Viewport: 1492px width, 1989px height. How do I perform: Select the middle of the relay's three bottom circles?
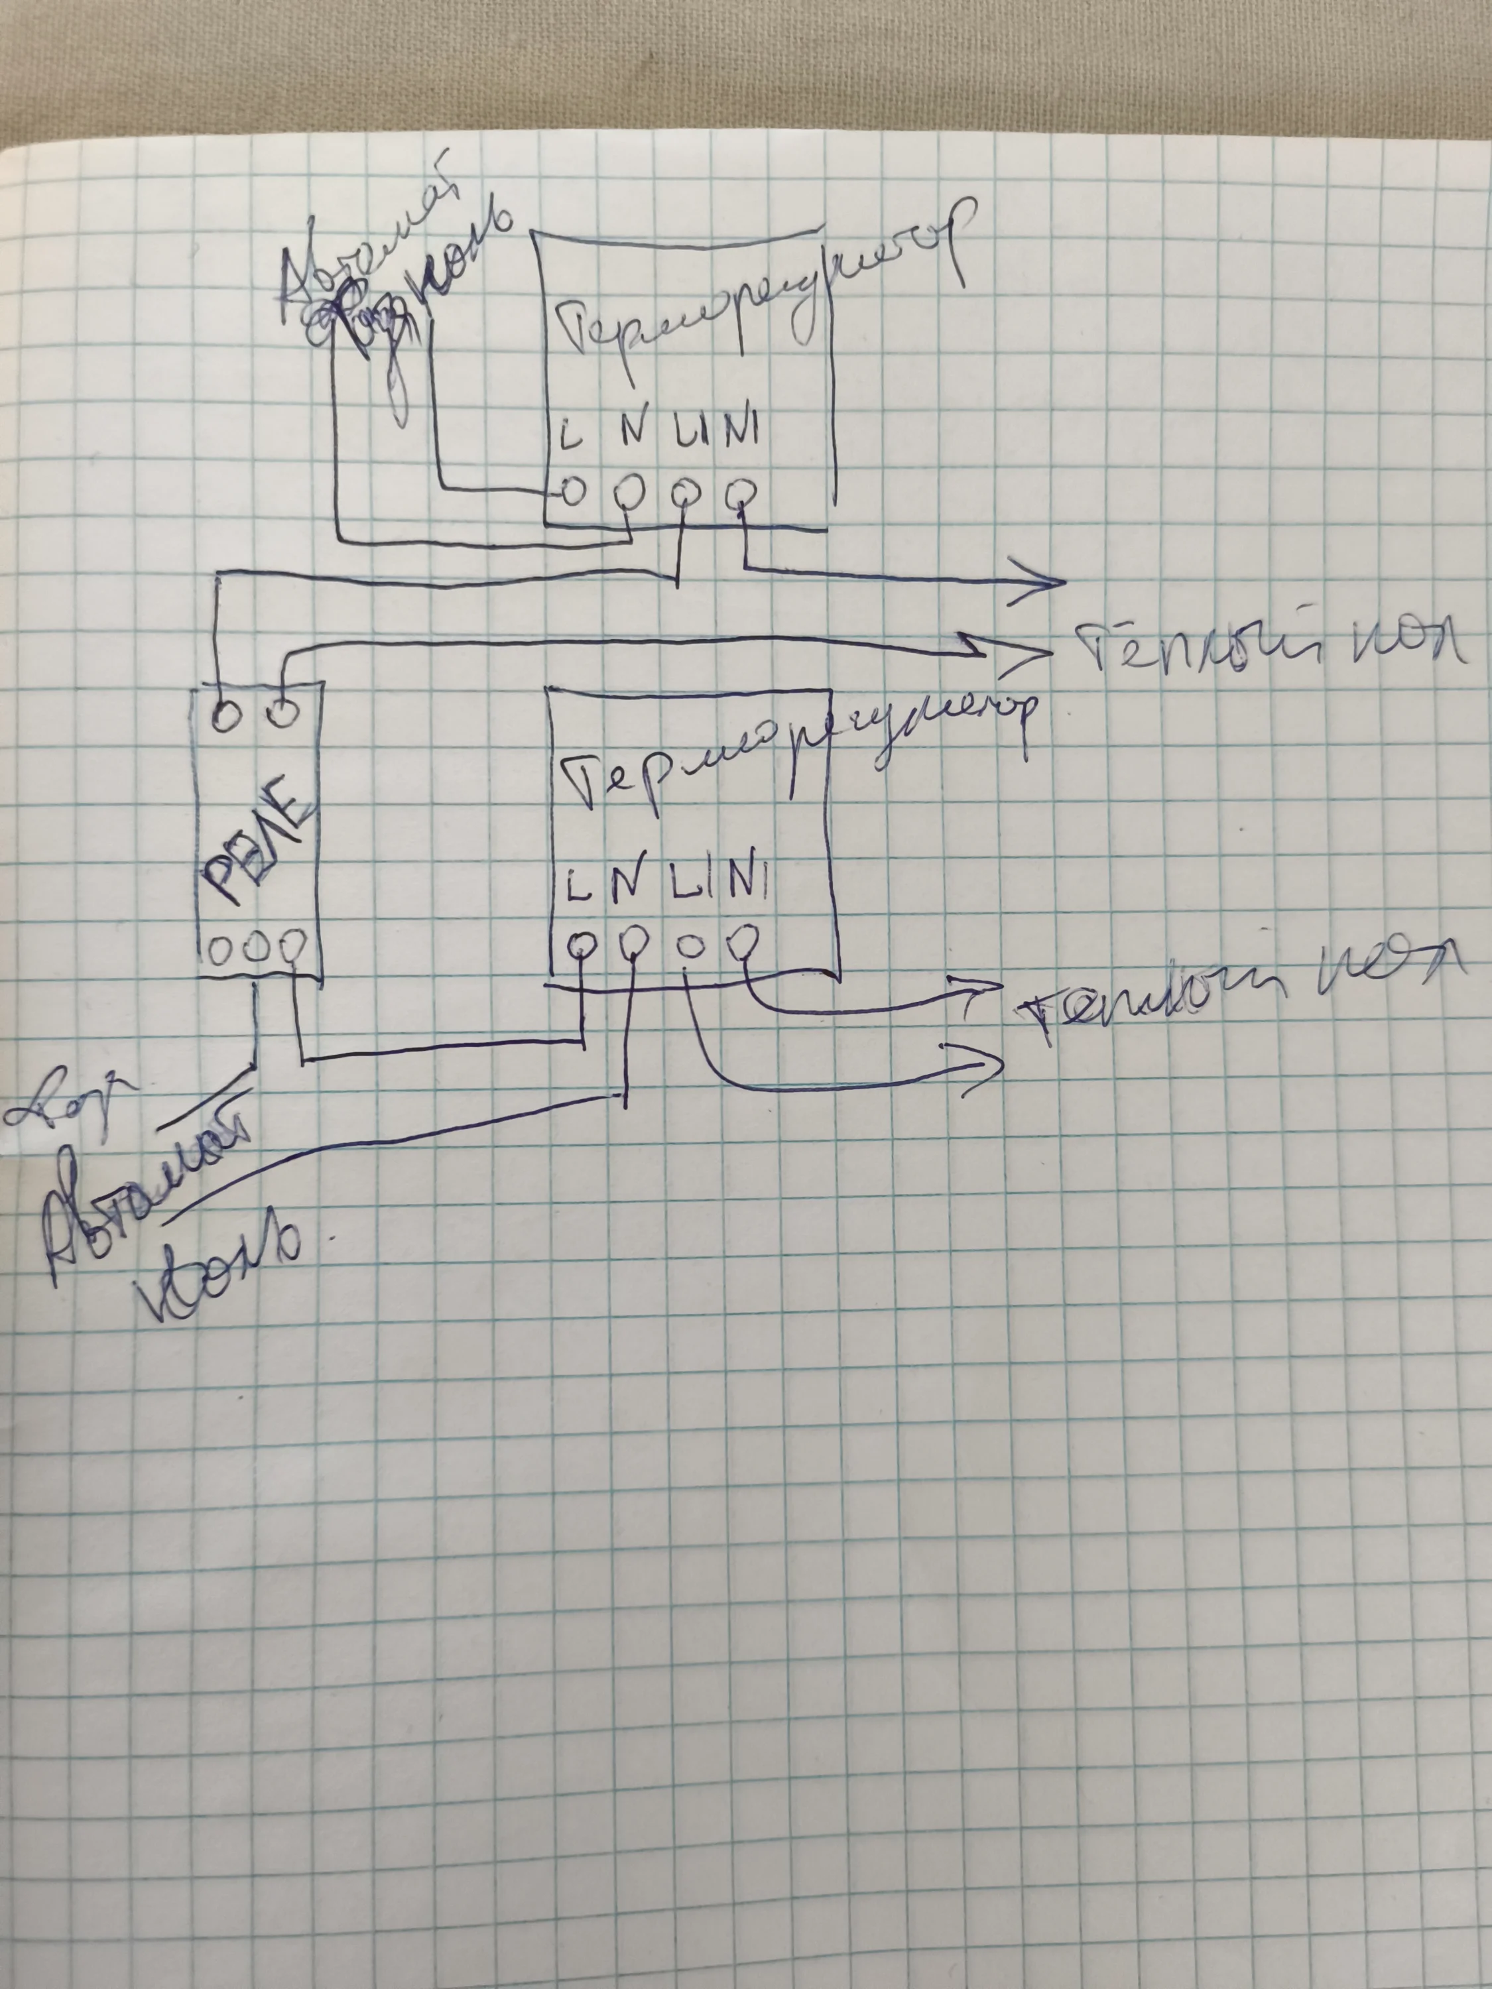coord(255,947)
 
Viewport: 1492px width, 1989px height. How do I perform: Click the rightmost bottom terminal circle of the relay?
coord(292,947)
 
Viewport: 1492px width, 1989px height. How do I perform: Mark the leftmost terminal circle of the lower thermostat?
coord(582,943)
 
